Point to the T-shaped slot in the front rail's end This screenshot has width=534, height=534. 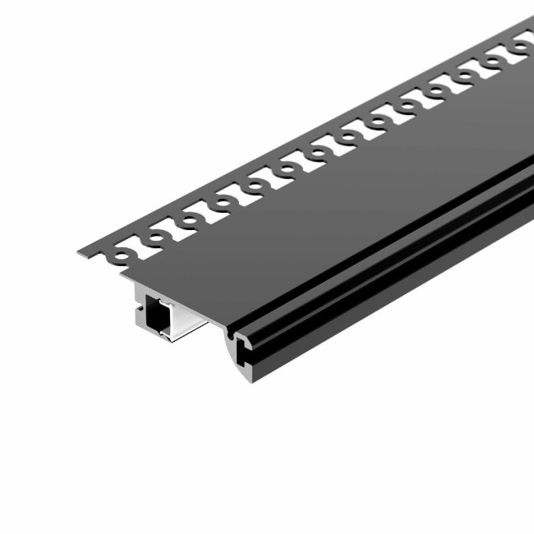[x=246, y=351]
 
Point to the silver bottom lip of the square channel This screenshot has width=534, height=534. [x=164, y=339]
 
